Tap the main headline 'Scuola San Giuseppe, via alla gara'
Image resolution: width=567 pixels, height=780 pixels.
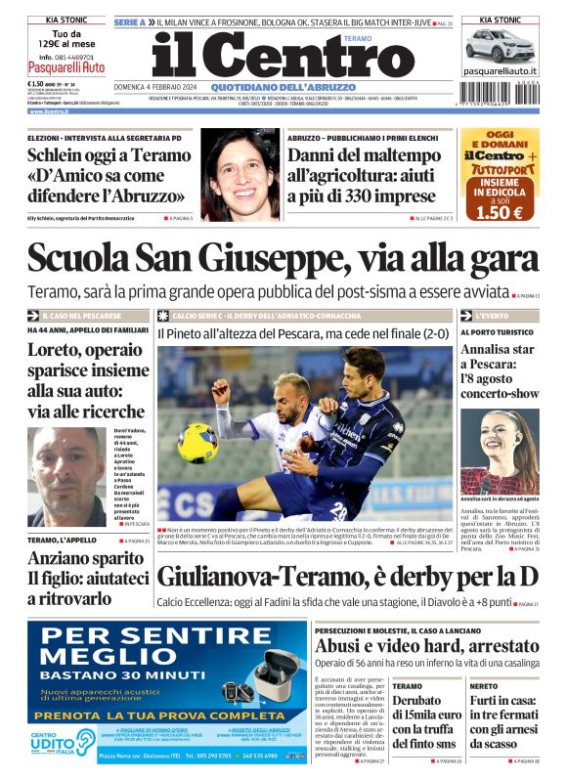(283, 258)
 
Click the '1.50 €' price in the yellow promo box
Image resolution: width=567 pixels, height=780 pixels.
(499, 211)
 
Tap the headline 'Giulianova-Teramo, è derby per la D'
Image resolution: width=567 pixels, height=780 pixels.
(347, 577)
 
